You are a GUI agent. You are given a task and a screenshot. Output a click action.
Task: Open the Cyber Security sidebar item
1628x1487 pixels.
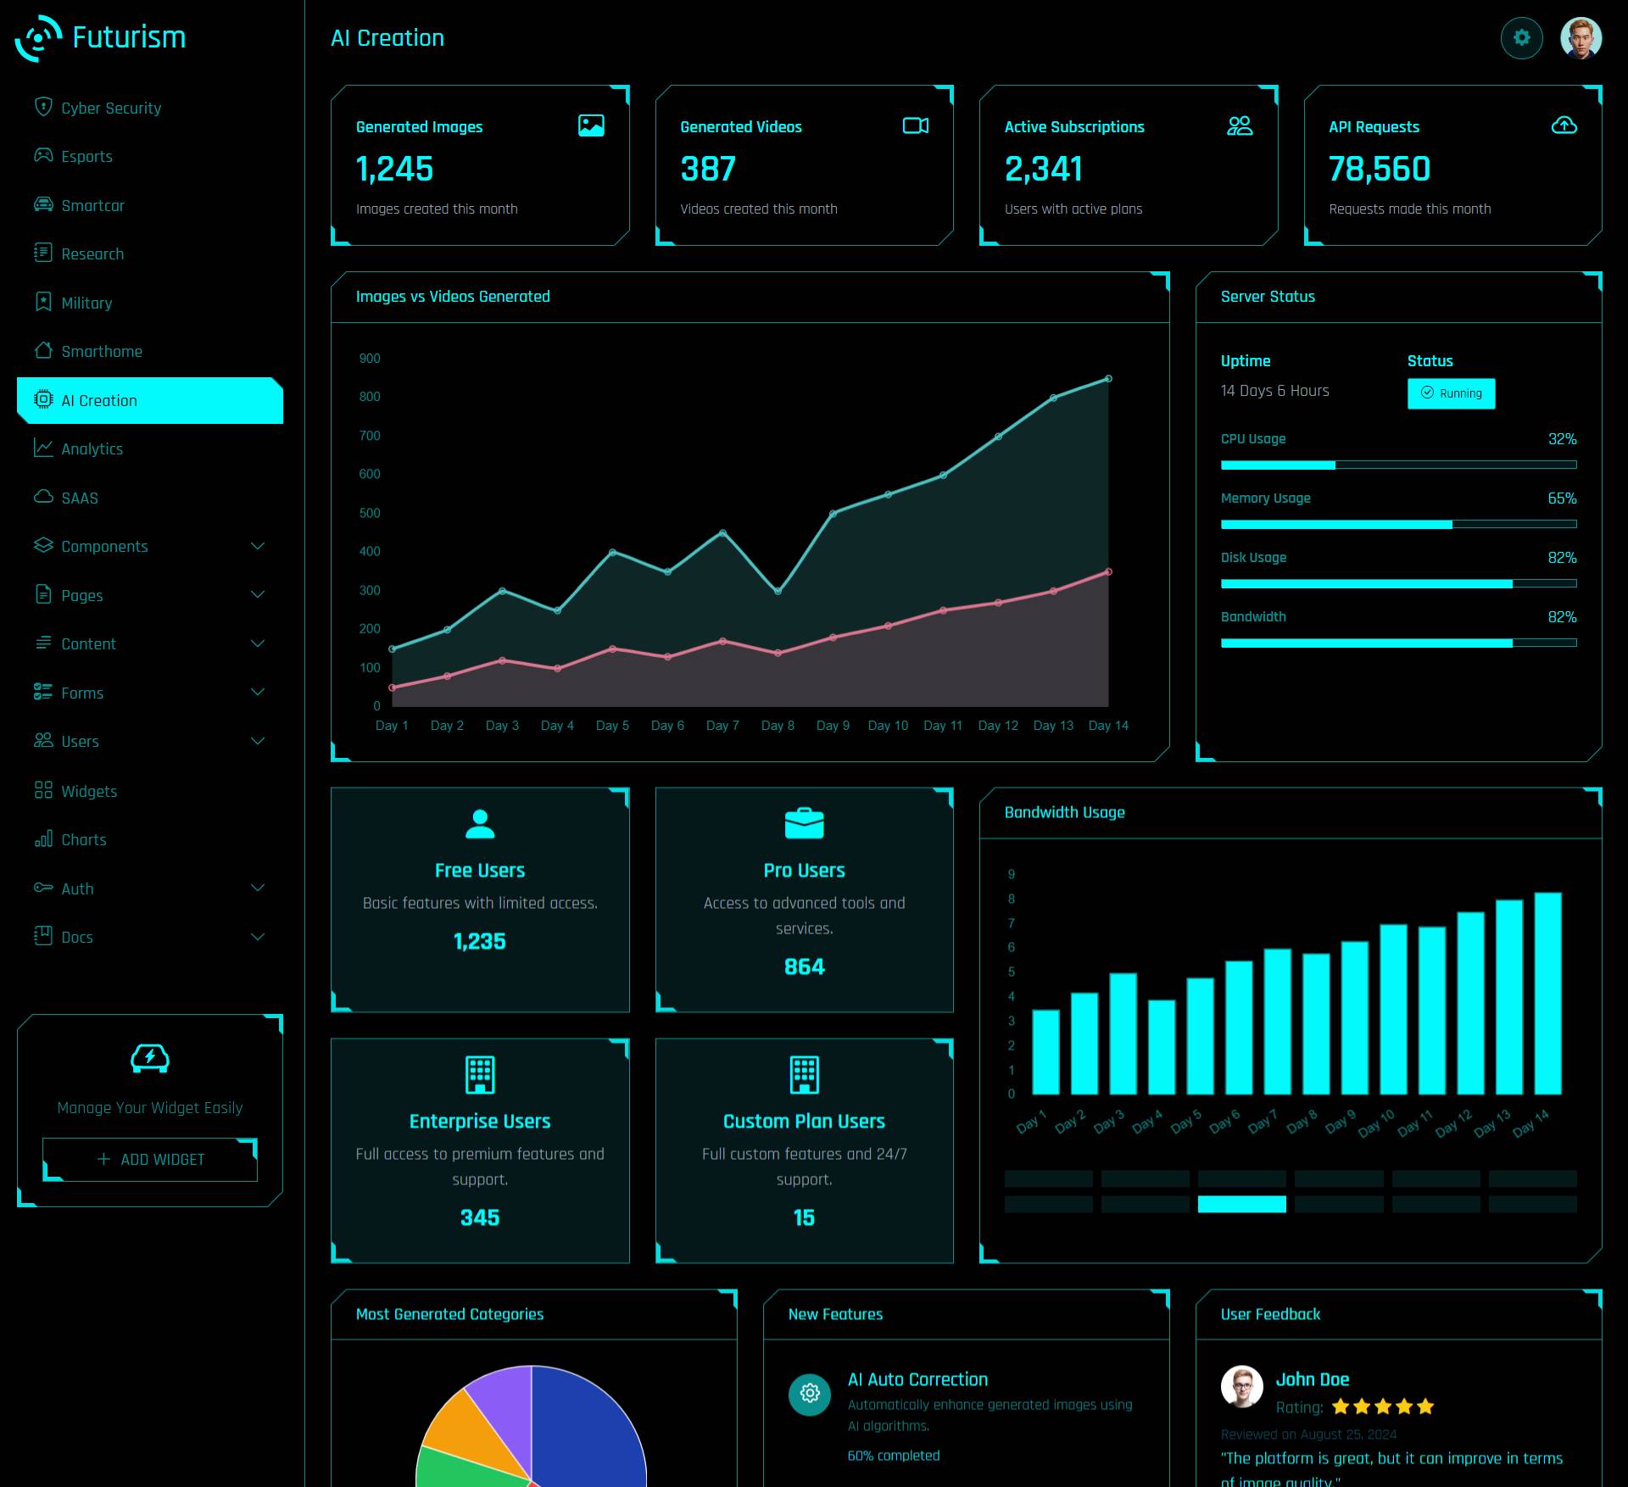(x=110, y=109)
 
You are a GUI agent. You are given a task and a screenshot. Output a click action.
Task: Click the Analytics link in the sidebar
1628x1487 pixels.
(x=92, y=449)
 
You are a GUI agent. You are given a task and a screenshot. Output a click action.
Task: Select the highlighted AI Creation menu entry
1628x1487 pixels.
(x=99, y=401)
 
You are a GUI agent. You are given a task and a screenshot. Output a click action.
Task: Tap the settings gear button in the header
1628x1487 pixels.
(x=1521, y=38)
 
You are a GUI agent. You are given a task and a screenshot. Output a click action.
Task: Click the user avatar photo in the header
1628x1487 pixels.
(x=1581, y=38)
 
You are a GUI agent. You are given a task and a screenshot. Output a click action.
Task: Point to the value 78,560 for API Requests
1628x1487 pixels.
(x=1379, y=170)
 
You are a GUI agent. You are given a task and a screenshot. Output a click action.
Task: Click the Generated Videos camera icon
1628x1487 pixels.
(x=915, y=126)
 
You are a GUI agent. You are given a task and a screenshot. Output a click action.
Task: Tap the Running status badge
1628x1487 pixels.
(x=1451, y=393)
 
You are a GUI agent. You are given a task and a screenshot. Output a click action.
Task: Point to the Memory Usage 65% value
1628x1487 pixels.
(x=1562, y=498)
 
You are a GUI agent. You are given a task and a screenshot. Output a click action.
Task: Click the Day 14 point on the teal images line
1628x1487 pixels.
(x=1108, y=379)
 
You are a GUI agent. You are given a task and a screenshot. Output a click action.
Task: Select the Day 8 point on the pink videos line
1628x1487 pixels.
(x=778, y=653)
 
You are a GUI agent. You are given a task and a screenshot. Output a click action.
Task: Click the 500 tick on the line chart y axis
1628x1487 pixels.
(x=370, y=513)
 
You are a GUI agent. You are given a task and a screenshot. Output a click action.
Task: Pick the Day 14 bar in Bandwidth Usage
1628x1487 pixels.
(x=1547, y=993)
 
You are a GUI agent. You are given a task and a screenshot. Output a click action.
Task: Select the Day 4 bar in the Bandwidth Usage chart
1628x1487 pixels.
(x=1162, y=1047)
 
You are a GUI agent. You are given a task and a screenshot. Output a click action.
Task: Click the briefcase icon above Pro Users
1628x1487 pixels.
(x=804, y=823)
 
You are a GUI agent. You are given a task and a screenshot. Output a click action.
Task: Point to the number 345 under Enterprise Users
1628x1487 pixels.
(x=480, y=1218)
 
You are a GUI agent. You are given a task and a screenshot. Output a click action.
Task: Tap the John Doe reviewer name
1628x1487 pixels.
(x=1312, y=1379)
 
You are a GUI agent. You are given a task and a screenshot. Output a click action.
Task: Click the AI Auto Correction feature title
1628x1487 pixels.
(x=917, y=1379)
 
